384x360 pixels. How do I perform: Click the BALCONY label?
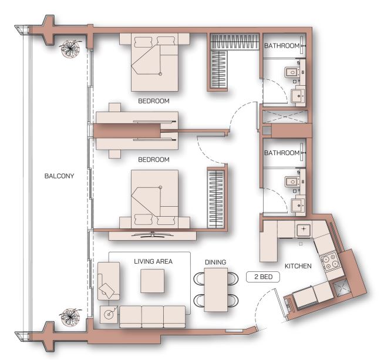pyautogui.click(x=59, y=176)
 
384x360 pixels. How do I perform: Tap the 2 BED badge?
pyautogui.click(x=263, y=277)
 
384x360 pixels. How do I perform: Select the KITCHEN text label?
pyautogui.click(x=298, y=266)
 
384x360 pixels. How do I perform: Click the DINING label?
pyautogui.click(x=215, y=262)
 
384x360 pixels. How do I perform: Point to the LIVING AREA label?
pyautogui.click(x=153, y=261)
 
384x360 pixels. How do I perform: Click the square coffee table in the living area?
pyautogui.click(x=152, y=281)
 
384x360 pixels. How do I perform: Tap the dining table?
pyautogui.click(x=216, y=290)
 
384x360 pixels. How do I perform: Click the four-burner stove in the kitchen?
pyautogui.click(x=329, y=261)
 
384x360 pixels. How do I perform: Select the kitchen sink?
pyautogui.click(x=304, y=229)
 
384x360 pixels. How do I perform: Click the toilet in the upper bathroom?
pyautogui.click(x=291, y=72)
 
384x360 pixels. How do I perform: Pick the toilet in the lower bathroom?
pyautogui.click(x=291, y=181)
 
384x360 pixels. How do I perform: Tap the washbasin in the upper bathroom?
pyautogui.click(x=298, y=96)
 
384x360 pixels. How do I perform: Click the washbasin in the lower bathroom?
pyautogui.click(x=298, y=205)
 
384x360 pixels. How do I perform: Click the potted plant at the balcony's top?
pyautogui.click(x=70, y=49)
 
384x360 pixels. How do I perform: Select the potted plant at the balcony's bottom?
pyautogui.click(x=70, y=317)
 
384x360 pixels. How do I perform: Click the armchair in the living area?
pyautogui.click(x=109, y=281)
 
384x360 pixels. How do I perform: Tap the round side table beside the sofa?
pyautogui.click(x=109, y=314)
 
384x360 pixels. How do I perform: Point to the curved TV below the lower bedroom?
pyautogui.click(x=153, y=234)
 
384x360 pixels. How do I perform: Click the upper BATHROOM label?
pyautogui.click(x=282, y=46)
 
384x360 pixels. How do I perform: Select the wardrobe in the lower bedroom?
pyautogui.click(x=215, y=198)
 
